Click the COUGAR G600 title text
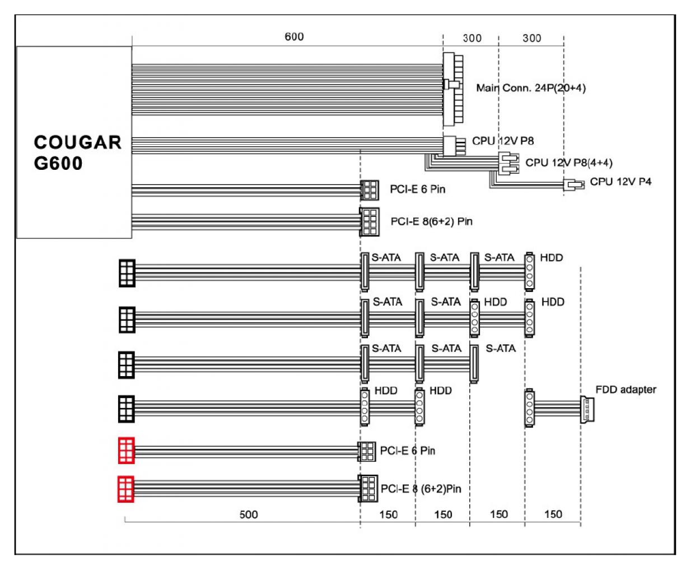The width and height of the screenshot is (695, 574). pos(77,152)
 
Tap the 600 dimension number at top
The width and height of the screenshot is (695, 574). pos(294,36)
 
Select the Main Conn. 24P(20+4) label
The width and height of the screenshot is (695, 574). pos(531,88)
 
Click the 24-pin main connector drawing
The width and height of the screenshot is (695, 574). pos(453,89)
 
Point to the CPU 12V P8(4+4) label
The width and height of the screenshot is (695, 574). pos(569,163)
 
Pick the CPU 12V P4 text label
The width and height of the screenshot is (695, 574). pos(621,182)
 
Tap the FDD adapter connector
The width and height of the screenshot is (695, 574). pos(587,409)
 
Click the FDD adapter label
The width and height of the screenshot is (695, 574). pos(626,390)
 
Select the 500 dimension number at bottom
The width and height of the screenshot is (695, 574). pos(249,515)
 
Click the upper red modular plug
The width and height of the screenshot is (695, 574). pos(127,451)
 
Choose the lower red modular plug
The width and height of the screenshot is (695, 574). pos(126,489)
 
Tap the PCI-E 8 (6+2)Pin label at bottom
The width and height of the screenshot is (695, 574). pos(421,489)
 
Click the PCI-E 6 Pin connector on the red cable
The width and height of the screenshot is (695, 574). pos(367,451)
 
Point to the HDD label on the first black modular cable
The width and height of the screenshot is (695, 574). pos(551,257)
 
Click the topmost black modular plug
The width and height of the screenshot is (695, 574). pos(127,273)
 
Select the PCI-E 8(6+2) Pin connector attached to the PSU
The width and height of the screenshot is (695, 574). pos(369,222)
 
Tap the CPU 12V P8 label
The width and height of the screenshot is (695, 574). pos(503,141)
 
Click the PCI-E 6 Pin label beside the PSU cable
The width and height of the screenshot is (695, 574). pos(417,189)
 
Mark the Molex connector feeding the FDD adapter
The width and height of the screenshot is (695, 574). pos(529,408)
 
